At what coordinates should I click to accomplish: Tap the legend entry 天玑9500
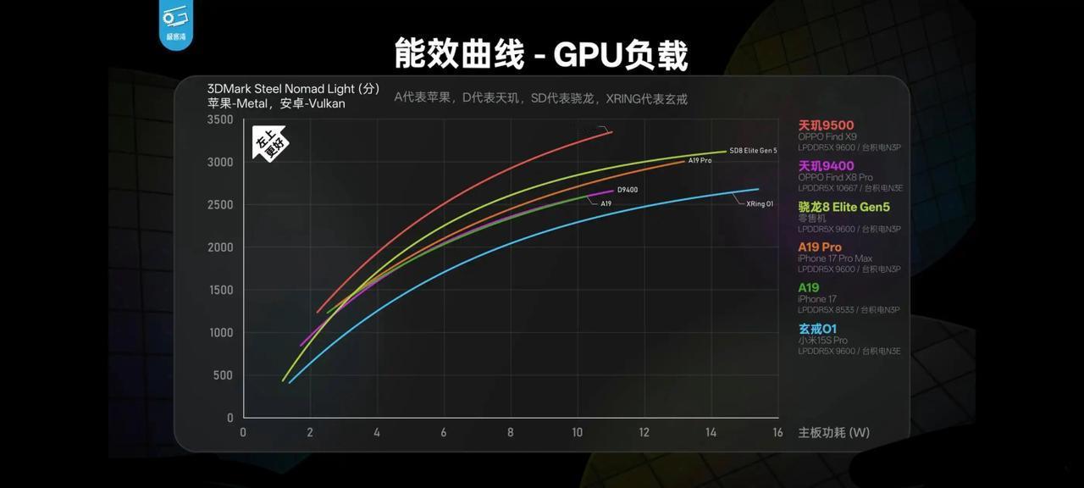tap(826, 125)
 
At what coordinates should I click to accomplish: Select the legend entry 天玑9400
tap(826, 166)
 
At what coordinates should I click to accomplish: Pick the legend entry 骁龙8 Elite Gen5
tap(843, 207)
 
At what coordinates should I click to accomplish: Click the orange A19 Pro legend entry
tap(820, 247)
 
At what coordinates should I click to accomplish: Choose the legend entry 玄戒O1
tap(817, 329)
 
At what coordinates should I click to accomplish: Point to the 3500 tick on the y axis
tap(219, 120)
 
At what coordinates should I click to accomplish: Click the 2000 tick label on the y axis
tap(219, 247)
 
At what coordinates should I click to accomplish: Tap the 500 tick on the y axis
tap(223, 375)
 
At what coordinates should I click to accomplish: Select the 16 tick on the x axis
tap(777, 433)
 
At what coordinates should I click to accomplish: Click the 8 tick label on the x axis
tap(511, 433)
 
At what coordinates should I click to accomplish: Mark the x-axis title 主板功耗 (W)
tap(833, 433)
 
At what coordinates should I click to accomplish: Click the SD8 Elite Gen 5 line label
tap(753, 151)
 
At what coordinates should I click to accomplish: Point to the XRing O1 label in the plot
tap(760, 204)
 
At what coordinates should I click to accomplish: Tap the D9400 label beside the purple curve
tap(628, 190)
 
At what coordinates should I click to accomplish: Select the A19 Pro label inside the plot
tap(700, 161)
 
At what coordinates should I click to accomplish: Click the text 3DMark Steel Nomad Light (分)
tap(293, 89)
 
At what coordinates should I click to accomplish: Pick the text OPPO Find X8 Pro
tap(835, 178)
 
